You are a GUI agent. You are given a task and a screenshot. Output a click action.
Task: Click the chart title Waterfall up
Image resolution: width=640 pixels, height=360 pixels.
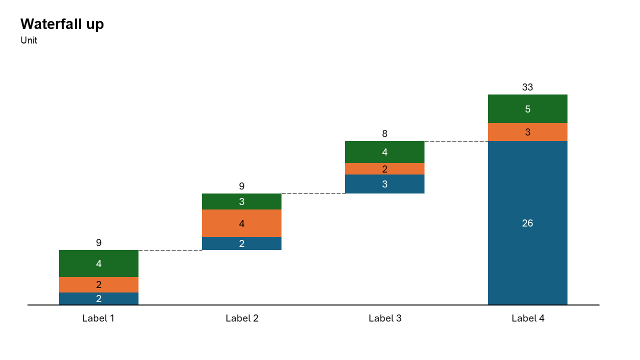point(62,24)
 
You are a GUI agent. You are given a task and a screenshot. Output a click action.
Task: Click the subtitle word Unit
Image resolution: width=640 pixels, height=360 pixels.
point(29,41)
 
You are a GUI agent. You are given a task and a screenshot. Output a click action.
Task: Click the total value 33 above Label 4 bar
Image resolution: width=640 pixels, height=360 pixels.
point(527,87)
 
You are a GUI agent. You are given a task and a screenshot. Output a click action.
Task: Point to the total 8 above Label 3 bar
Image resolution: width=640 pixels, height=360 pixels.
point(384,133)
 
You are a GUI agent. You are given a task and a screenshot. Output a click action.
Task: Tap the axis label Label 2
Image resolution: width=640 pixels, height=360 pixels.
point(242,318)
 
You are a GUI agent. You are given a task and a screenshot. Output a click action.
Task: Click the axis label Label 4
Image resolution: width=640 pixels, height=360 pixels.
point(528,318)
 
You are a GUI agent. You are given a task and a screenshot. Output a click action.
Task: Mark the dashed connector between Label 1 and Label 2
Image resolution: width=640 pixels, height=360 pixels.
point(170,250)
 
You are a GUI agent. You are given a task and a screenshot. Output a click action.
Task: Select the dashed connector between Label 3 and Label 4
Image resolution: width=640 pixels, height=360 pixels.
point(456,141)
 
